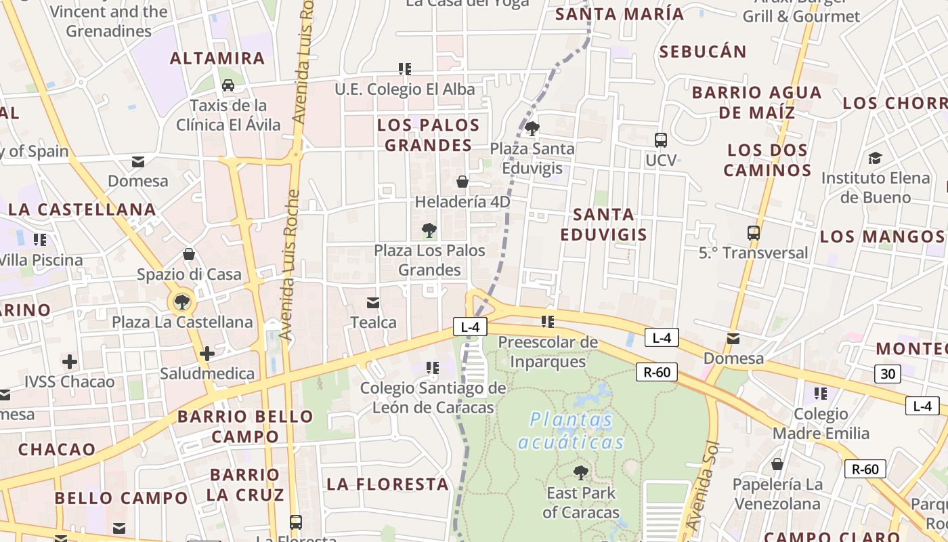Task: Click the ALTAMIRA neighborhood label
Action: pyautogui.click(x=217, y=58)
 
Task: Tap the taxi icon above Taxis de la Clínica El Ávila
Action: pyautogui.click(x=228, y=85)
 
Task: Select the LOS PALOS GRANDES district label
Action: pyautogui.click(x=428, y=135)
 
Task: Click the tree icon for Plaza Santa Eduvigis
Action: pyautogui.click(x=532, y=128)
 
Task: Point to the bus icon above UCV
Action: pyautogui.click(x=661, y=140)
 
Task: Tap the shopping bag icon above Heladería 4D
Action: pyautogui.click(x=462, y=182)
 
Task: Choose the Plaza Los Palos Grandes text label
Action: pyautogui.click(x=429, y=260)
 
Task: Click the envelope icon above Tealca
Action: pyautogui.click(x=373, y=302)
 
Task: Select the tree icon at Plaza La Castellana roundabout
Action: pyautogui.click(x=181, y=302)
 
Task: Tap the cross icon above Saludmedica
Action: pyautogui.click(x=207, y=354)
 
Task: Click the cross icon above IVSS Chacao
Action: pyautogui.click(x=70, y=362)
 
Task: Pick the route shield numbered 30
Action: pyautogui.click(x=887, y=374)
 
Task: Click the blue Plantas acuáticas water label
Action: pyautogui.click(x=572, y=431)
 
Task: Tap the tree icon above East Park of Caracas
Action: pyautogui.click(x=580, y=472)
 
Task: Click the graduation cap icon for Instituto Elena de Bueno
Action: pyautogui.click(x=875, y=158)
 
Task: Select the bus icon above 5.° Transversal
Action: pyautogui.click(x=753, y=233)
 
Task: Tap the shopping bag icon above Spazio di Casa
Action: pyautogui.click(x=189, y=254)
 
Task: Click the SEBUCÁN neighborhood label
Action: pyautogui.click(x=703, y=51)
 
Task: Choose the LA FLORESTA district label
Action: pyautogui.click(x=388, y=484)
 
